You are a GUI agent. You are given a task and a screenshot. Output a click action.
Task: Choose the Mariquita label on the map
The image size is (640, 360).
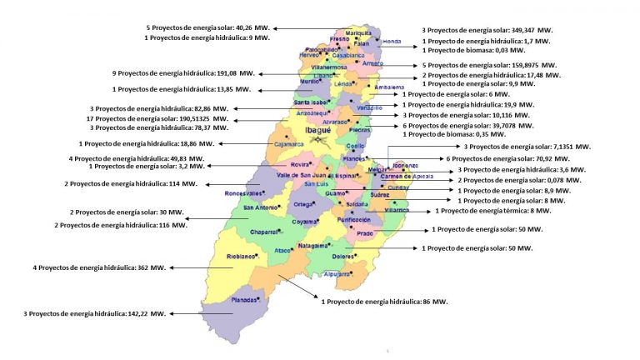pos(358,32)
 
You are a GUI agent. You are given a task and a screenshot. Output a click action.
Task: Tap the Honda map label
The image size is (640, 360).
pos(392,40)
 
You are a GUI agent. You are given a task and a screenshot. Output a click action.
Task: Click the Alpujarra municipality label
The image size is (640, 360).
pos(337,273)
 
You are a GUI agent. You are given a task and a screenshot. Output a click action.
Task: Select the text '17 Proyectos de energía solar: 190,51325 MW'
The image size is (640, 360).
pos(159,118)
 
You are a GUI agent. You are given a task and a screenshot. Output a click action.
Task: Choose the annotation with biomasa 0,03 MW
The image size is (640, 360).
pos(482,52)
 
